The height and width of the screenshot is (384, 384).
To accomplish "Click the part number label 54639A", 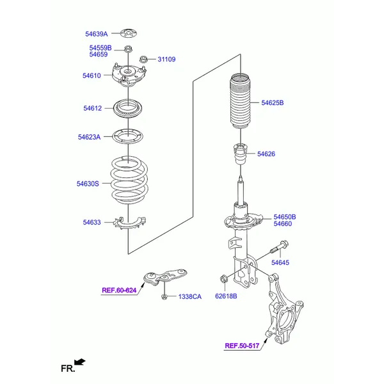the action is [x=96, y=34].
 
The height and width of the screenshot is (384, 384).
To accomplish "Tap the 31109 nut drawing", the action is [x=143, y=60].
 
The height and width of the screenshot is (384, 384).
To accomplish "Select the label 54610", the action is [x=92, y=76].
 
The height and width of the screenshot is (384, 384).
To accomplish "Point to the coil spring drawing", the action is [x=129, y=180].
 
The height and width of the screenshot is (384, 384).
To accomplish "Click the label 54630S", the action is [x=88, y=184].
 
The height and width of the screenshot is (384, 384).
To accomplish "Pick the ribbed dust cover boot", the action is [x=241, y=101].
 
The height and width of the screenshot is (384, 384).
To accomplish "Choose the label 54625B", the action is [x=273, y=102].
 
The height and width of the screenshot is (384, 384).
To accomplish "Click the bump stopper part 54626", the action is [x=241, y=155].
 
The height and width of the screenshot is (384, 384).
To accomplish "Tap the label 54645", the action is [x=280, y=262].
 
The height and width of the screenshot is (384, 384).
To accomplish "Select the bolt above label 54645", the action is [x=280, y=248].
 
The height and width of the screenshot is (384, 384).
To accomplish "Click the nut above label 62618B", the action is [x=223, y=278].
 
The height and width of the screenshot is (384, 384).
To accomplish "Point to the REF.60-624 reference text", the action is [x=119, y=290].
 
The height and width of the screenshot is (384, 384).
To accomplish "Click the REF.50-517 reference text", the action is [x=242, y=346].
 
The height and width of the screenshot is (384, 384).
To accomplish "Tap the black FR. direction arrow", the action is [x=80, y=362].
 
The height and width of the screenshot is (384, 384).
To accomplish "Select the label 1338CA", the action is [x=190, y=296].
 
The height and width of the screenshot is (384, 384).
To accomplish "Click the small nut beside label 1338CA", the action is [x=164, y=297].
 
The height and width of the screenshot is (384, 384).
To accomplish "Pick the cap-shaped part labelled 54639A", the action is [x=129, y=33].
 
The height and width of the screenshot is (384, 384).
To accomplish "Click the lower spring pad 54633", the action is [x=129, y=223].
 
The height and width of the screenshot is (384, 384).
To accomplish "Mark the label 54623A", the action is [x=89, y=137].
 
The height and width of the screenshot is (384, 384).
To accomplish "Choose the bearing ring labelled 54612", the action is [x=127, y=109].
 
